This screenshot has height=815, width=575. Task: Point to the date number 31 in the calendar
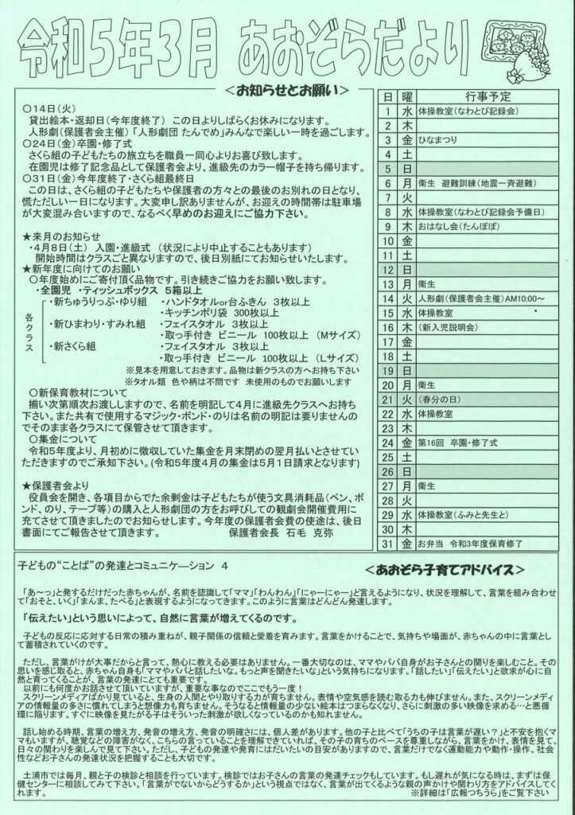coord(387,545)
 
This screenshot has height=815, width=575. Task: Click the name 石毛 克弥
coord(314,532)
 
